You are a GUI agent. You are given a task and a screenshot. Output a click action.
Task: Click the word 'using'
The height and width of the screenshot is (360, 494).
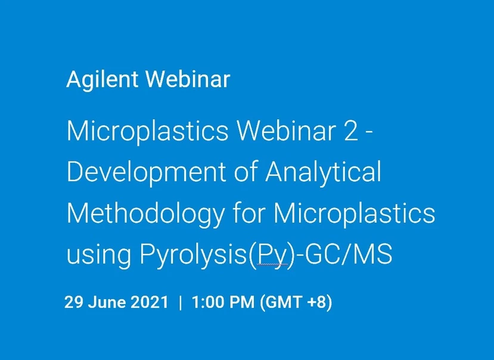pyautogui.click(x=98, y=255)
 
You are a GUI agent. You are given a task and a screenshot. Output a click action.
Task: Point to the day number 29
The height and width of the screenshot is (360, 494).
pyautogui.click(x=73, y=302)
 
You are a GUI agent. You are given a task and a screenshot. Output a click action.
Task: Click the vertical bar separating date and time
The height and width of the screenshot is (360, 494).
pyautogui.click(x=180, y=302)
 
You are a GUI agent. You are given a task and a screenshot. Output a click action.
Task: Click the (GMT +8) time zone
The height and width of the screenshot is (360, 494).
pyautogui.click(x=295, y=302)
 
